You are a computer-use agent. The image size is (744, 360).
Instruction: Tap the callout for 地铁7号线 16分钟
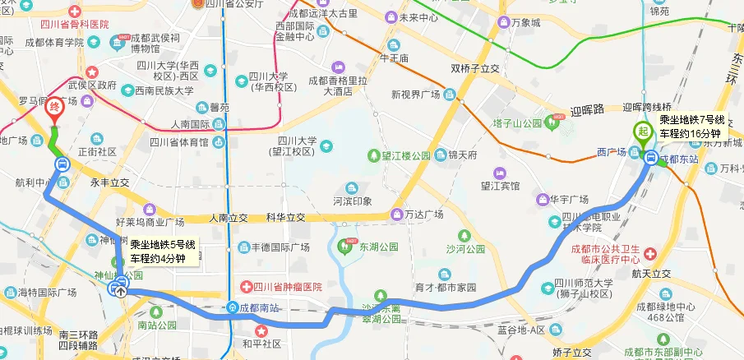pyautogui.click(x=689, y=126)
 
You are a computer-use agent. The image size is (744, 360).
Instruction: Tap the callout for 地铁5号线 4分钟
pyautogui.click(x=163, y=251)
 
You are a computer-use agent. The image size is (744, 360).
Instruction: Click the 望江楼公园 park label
pyautogui.click(x=404, y=155)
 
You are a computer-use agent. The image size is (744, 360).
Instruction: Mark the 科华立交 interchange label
pyautogui.click(x=285, y=218)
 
